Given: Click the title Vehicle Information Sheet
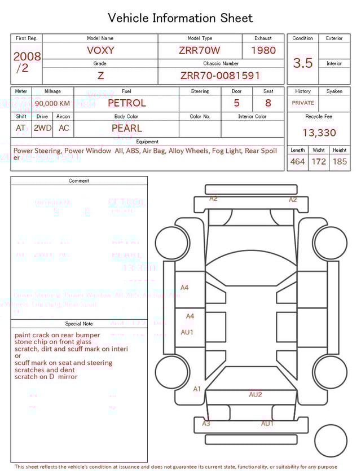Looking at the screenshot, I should point(180,18).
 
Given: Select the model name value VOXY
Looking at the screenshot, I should point(100,50).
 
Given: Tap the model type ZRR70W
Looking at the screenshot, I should point(200,50).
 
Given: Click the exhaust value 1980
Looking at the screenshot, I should point(263,50).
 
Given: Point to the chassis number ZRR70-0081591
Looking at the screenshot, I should point(221,76).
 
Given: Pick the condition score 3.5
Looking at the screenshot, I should point(303,63).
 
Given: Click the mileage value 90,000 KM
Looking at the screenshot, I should point(52,103).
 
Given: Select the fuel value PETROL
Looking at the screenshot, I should point(126,103).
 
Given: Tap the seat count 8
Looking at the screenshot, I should point(268,103).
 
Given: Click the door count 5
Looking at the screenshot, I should point(236,103).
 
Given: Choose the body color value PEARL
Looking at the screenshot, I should point(126,128).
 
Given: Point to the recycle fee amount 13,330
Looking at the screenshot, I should point(319,133).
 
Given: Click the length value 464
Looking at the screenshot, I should point(297,162).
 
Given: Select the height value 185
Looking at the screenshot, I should point(340,162).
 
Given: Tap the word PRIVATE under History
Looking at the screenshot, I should point(303,103).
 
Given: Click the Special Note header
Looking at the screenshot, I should point(79,324).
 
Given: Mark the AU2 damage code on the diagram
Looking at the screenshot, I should point(256,395).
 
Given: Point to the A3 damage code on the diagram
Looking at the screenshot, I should point(206,424).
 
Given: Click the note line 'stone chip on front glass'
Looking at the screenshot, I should point(53,342).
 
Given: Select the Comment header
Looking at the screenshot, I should point(79,181).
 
